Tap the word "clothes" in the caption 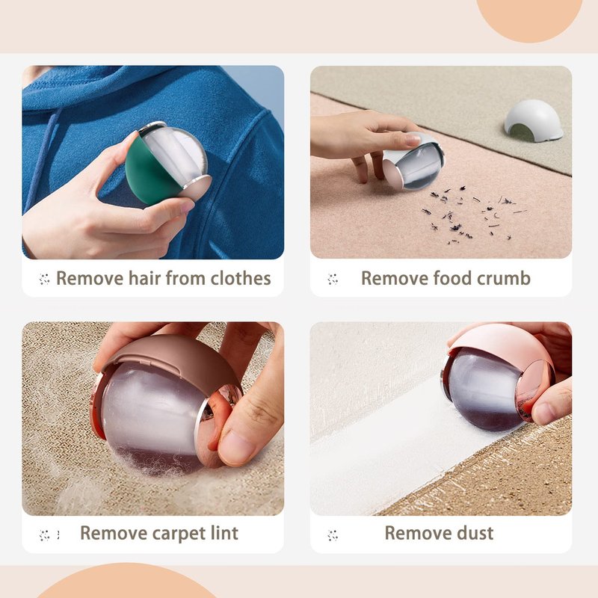(241, 278)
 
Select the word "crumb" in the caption (503, 278)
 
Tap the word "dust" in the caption (475, 533)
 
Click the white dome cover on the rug (533, 120)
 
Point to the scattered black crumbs (474, 215)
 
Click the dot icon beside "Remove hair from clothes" (44, 279)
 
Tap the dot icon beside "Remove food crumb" (333, 279)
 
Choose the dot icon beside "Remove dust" (333, 535)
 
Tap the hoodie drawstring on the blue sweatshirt (45, 160)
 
